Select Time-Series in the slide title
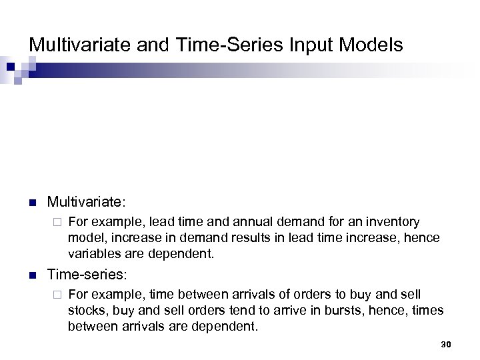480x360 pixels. click(210, 45)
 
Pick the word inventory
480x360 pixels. click(392, 221)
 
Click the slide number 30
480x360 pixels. click(446, 344)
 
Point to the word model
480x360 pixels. click(83, 237)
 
